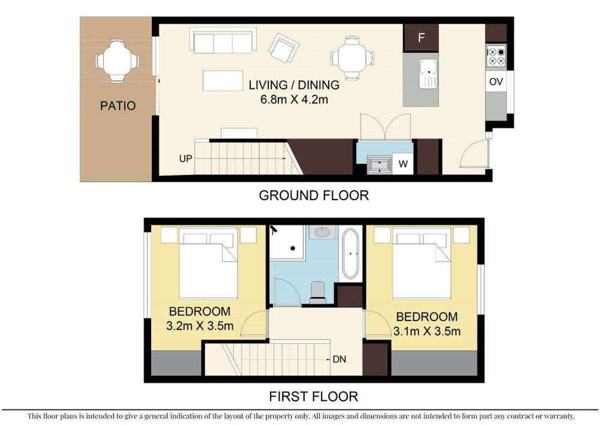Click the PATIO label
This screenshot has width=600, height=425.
[x=117, y=106]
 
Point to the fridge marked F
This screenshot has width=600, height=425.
[x=421, y=38]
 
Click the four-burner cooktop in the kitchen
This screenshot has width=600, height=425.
[x=496, y=56]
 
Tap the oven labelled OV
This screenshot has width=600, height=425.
[x=495, y=81]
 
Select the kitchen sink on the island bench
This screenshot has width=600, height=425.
[x=428, y=73]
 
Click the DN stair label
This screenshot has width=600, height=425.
[x=340, y=359]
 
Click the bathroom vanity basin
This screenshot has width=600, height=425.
[x=319, y=232]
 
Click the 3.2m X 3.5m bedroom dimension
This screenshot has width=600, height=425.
[x=200, y=326]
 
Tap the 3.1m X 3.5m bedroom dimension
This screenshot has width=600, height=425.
[x=427, y=331]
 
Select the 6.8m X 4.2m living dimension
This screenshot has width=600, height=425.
[x=294, y=99]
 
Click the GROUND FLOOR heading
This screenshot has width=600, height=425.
[x=314, y=195]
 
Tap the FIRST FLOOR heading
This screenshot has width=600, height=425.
[x=314, y=397]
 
